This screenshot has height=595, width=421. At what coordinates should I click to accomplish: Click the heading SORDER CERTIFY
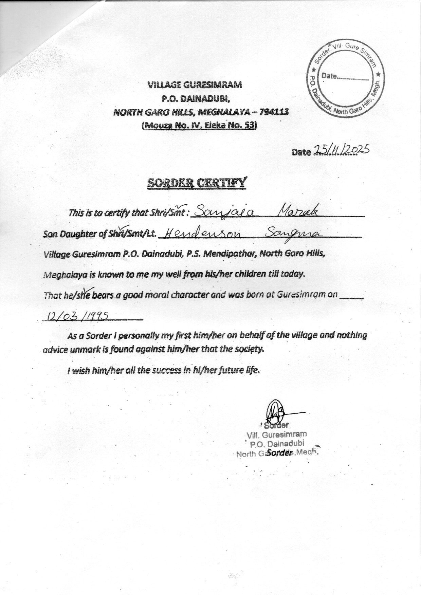(196, 183)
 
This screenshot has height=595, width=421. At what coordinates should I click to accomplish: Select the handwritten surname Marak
(298, 211)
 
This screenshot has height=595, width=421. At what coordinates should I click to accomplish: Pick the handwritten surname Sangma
(294, 233)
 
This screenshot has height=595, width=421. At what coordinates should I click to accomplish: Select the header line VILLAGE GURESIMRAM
(195, 85)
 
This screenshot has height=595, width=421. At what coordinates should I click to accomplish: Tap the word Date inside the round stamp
(329, 76)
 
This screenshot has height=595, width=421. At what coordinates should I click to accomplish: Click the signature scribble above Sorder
(275, 411)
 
